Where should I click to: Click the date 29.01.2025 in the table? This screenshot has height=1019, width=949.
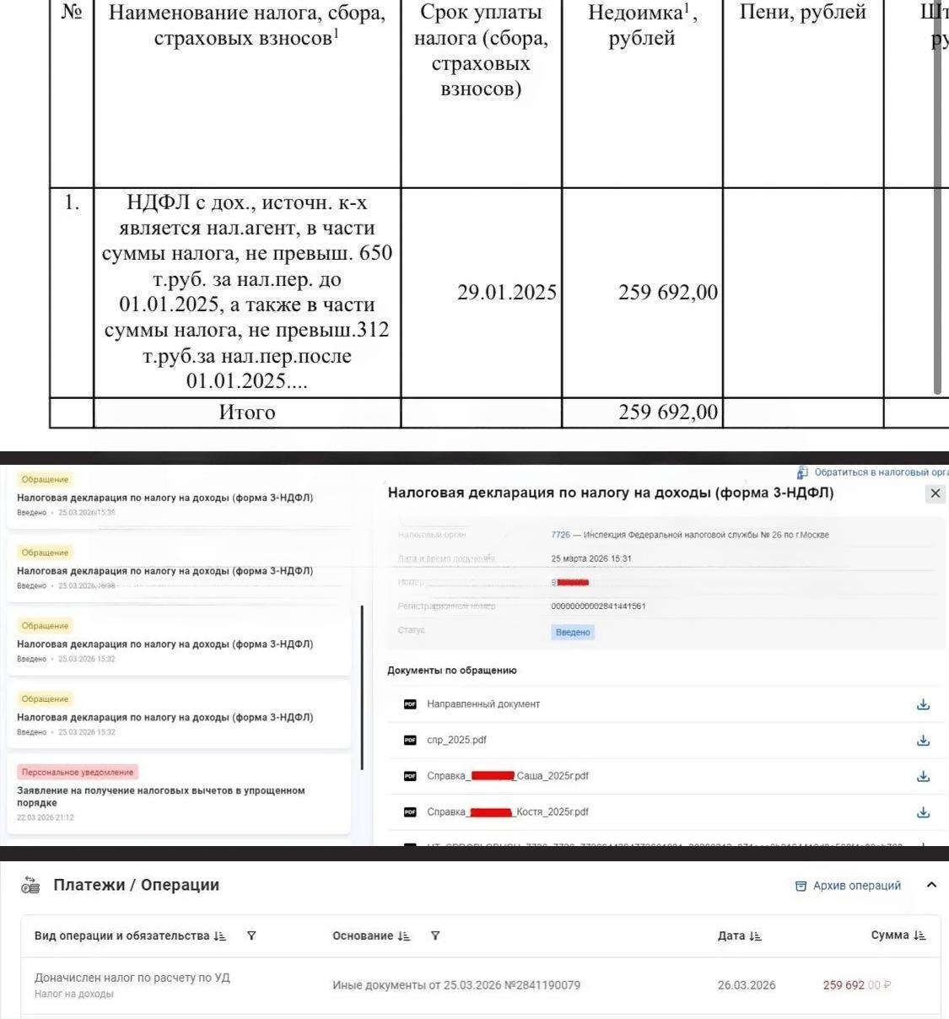(506, 293)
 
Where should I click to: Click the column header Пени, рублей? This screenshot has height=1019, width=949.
(802, 13)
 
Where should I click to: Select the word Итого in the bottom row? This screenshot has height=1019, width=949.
(246, 412)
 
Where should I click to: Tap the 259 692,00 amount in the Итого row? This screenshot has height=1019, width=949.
(667, 412)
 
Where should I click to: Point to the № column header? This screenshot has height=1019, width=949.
(72, 13)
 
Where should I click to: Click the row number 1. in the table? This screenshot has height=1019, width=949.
(72, 202)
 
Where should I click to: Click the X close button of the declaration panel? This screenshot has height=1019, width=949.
(935, 493)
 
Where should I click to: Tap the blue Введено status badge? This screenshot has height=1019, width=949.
(573, 632)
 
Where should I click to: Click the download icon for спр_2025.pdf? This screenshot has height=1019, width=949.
(923, 740)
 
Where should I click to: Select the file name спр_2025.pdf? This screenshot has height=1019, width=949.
(456, 740)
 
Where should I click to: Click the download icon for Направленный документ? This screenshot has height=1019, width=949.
(923, 704)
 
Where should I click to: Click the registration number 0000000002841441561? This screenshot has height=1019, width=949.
(598, 607)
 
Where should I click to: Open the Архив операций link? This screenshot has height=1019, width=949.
(856, 886)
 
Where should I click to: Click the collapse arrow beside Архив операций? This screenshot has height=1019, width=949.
(931, 885)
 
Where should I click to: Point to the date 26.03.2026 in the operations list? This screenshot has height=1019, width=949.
(746, 985)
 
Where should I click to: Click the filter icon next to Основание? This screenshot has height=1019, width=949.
(435, 935)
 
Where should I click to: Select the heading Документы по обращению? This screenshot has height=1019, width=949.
(451, 671)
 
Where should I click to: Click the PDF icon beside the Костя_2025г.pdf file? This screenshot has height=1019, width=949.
(410, 812)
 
